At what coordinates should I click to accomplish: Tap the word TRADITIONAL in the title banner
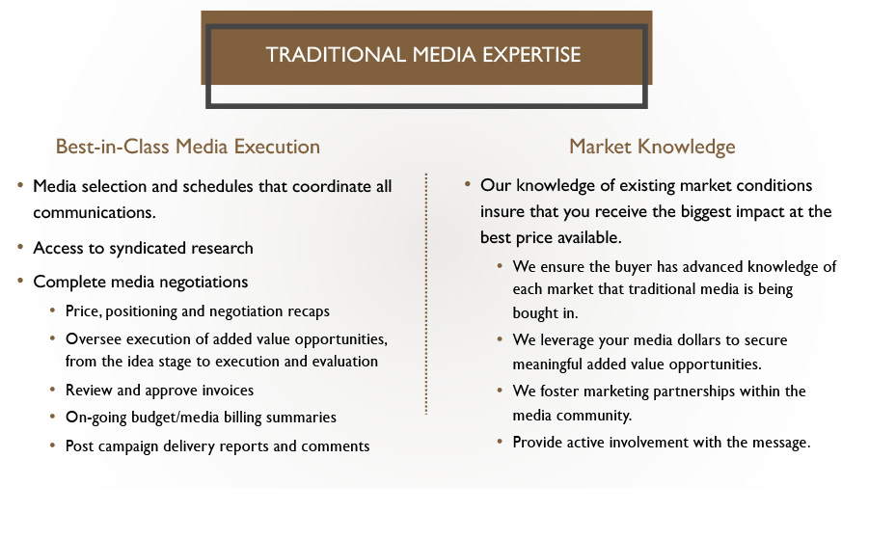pyautogui.click(x=336, y=55)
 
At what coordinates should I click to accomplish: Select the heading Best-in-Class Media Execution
pyautogui.click(x=188, y=147)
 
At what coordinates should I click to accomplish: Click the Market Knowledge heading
pyautogui.click(x=652, y=147)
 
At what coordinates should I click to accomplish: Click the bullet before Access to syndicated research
pyautogui.click(x=20, y=247)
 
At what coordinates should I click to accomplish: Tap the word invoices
pyautogui.click(x=228, y=390)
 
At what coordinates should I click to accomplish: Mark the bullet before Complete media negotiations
pyautogui.click(x=20, y=281)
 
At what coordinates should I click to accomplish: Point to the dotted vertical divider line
pyautogui.click(x=426, y=293)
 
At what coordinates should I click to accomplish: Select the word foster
pyautogui.click(x=559, y=391)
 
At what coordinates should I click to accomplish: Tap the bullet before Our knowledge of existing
pyautogui.click(x=468, y=184)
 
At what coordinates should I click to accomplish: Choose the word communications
pyautogui.click(x=95, y=213)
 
